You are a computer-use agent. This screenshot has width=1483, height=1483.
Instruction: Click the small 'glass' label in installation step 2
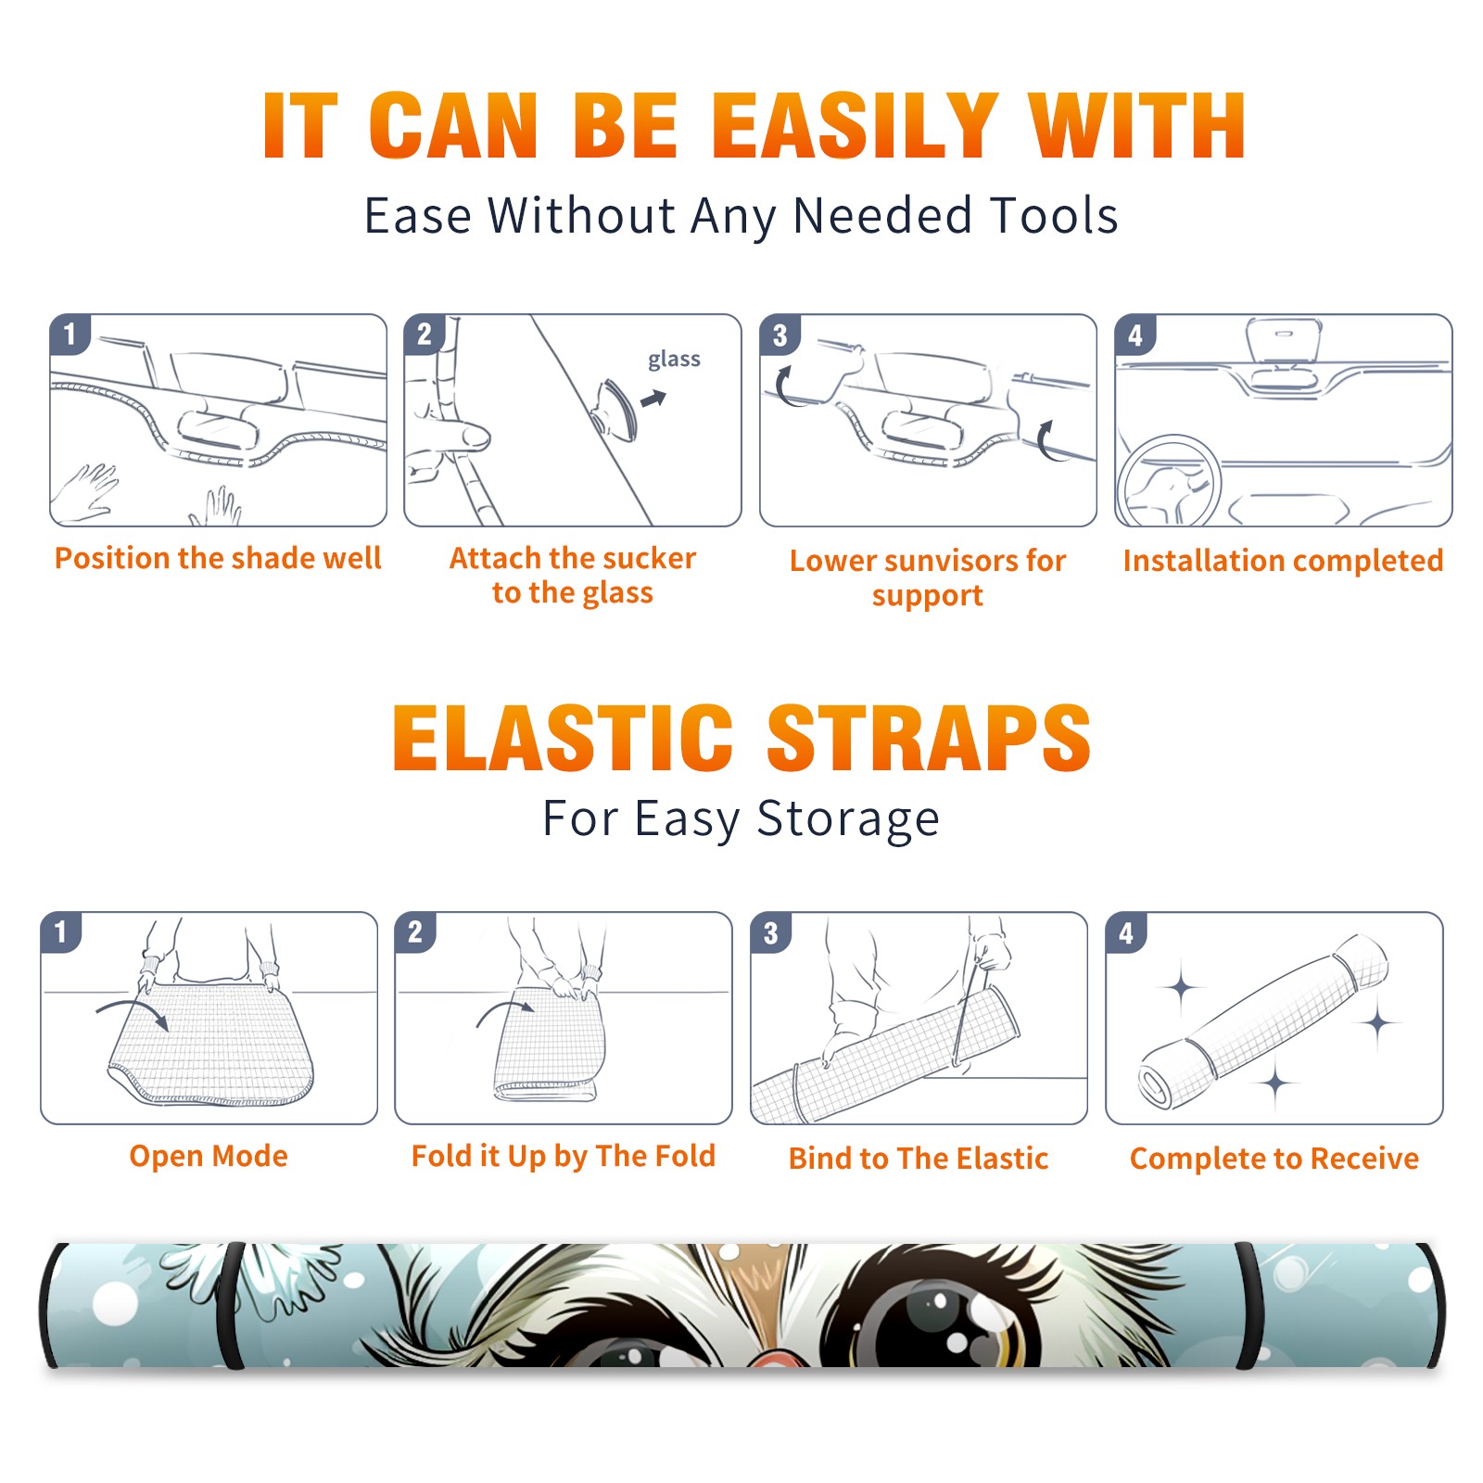pos(674,360)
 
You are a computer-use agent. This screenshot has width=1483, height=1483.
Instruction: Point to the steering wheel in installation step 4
pos(1170,480)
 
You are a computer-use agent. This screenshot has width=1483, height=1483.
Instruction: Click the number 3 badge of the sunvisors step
pos(780,336)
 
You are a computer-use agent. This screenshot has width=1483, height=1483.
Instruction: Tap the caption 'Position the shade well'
pos(218,558)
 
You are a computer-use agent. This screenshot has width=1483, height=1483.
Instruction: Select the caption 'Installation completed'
pos(1283,561)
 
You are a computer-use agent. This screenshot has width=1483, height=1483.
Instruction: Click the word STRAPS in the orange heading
pos(929,738)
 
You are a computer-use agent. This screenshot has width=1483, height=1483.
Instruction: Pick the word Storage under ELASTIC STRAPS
pos(848,819)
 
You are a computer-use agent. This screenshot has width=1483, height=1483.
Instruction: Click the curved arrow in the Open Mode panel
pos(133,1011)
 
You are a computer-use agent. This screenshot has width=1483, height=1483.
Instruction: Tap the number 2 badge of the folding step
pos(415,932)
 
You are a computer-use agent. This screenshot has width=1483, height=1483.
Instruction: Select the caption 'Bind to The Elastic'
pos(919,1159)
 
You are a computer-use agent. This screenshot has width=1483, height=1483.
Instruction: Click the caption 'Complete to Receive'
pos(1274,1159)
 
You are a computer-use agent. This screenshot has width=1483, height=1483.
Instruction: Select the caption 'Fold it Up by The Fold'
pos(564,1157)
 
